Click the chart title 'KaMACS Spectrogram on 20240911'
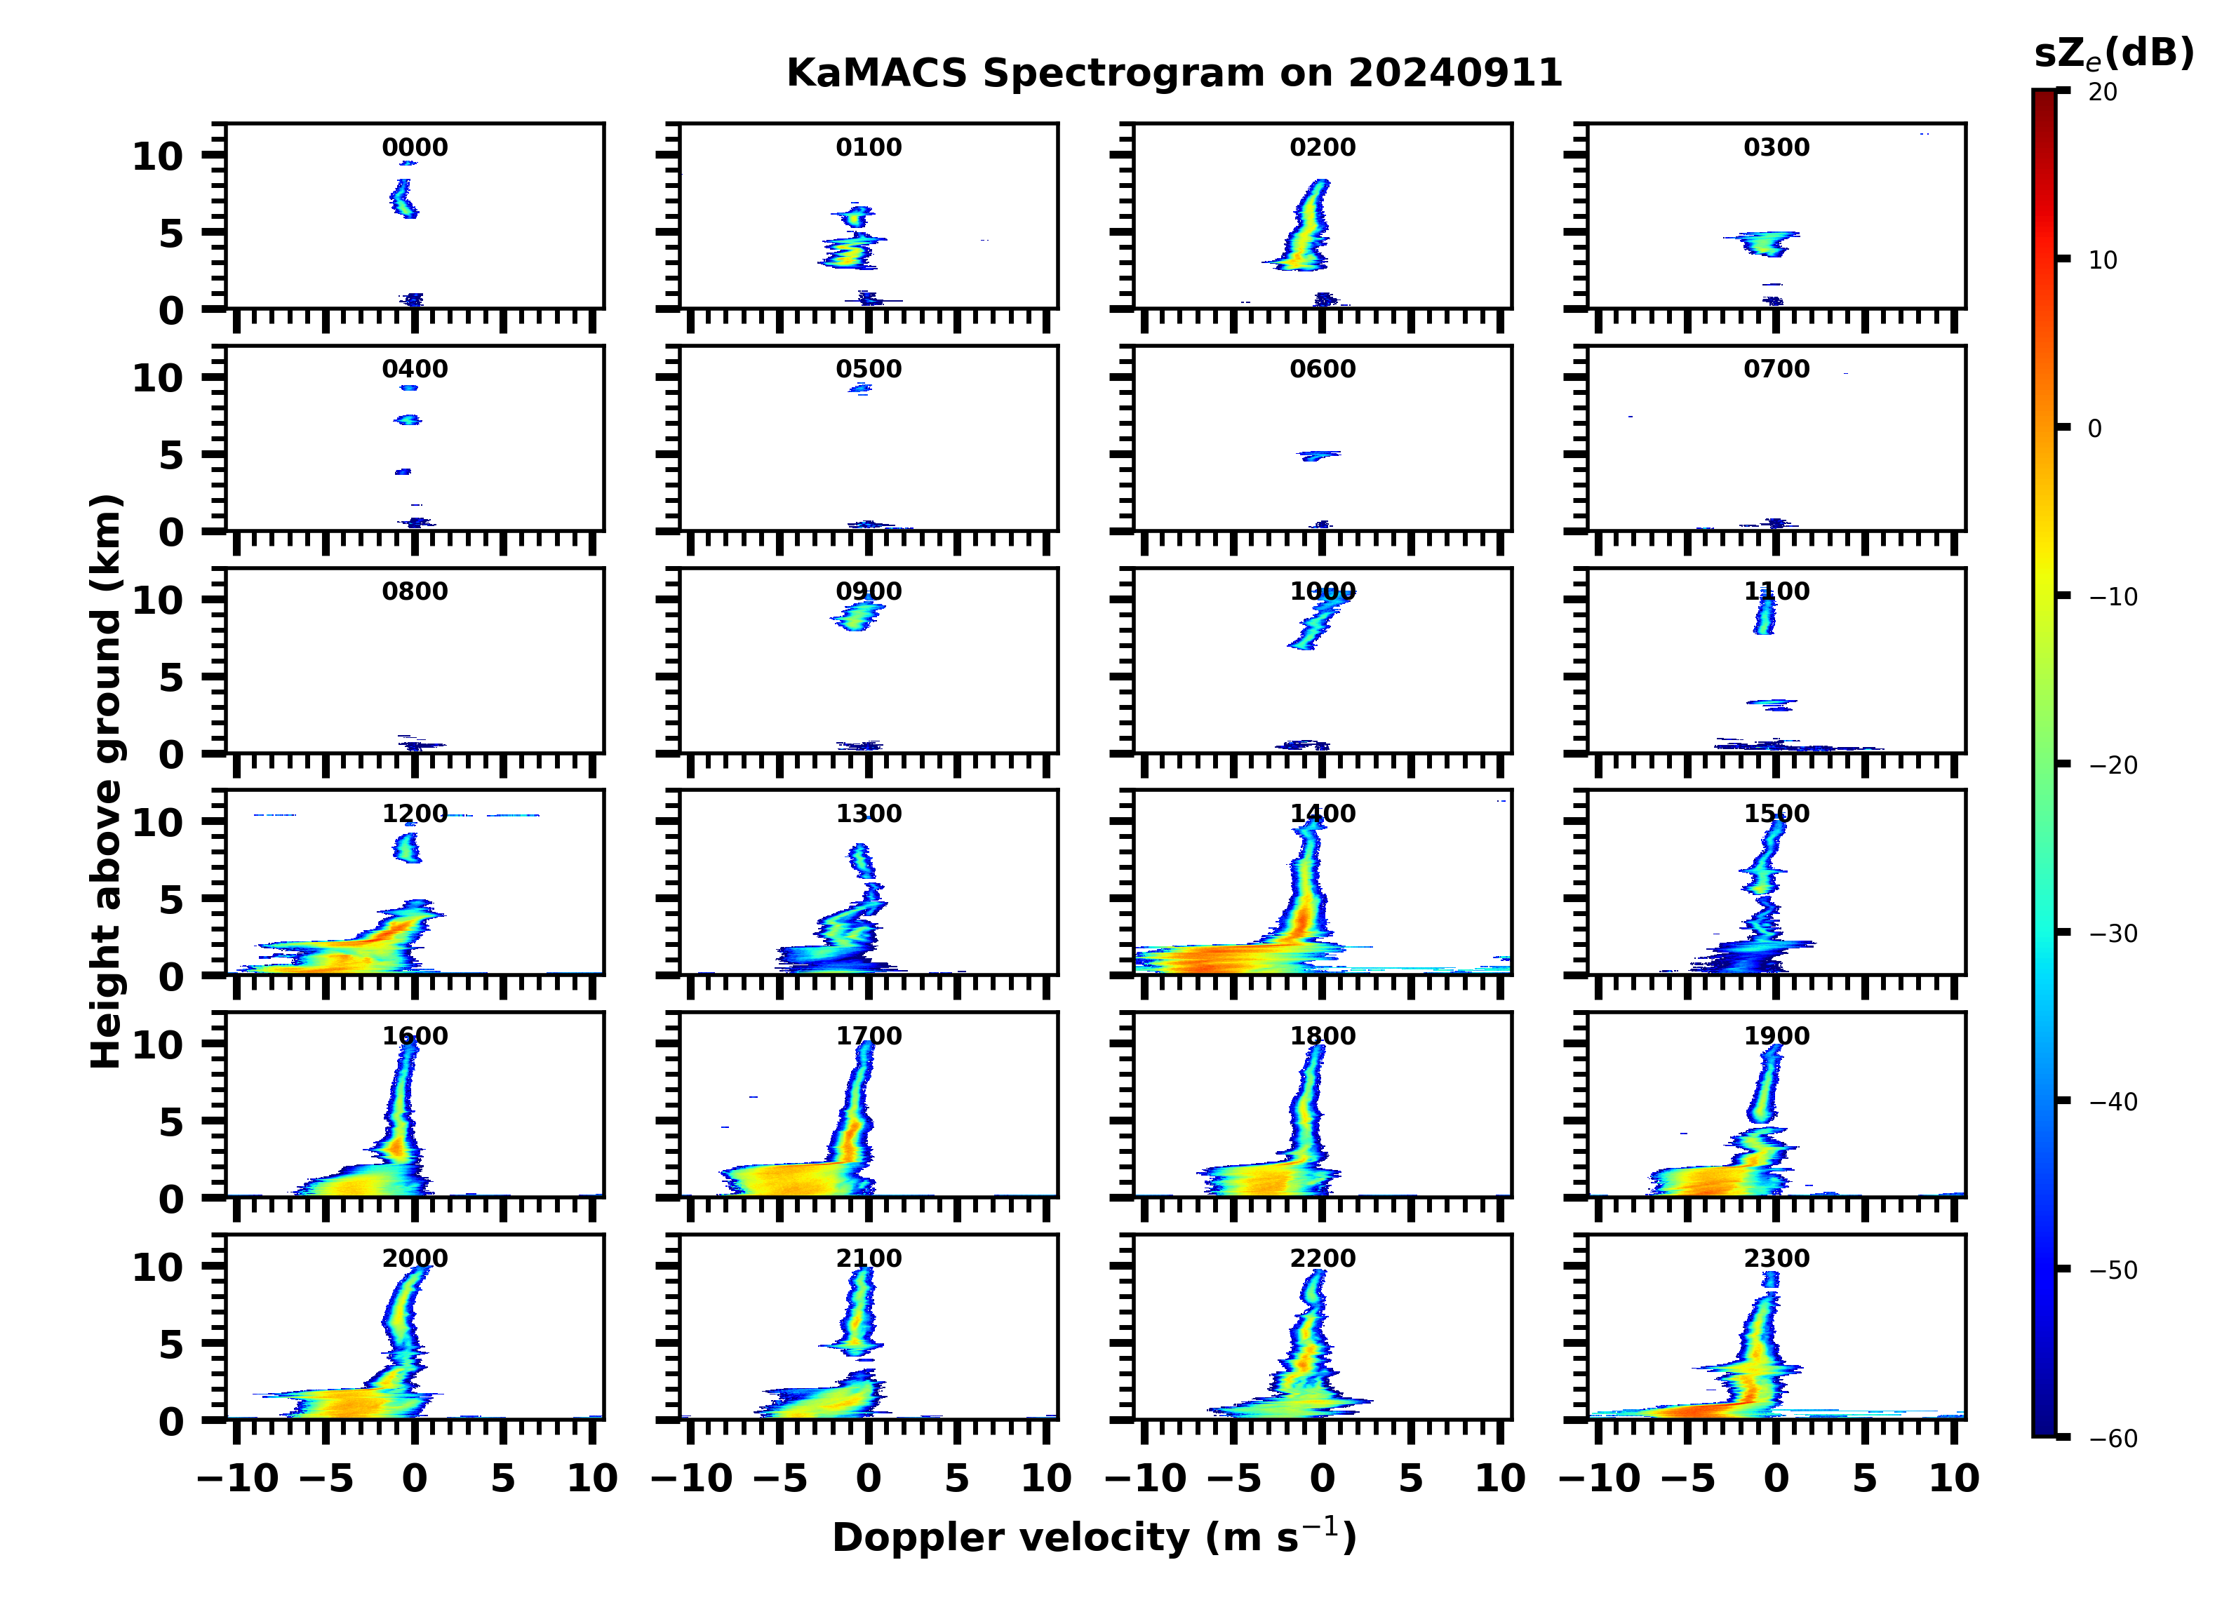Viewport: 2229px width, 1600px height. click(1174, 73)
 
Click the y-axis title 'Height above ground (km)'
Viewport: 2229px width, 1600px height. click(106, 781)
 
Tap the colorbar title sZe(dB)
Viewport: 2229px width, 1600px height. click(2113, 54)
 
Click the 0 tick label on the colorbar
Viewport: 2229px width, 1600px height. click(2094, 429)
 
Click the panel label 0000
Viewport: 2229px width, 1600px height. click(415, 147)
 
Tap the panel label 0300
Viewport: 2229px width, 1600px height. click(1776, 147)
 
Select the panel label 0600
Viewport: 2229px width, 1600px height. click(1322, 370)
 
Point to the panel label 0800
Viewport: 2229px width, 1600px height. click(415, 591)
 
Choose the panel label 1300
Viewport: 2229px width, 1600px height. click(869, 814)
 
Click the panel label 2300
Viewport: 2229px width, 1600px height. click(1776, 1258)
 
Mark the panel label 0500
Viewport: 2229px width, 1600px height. click(869, 370)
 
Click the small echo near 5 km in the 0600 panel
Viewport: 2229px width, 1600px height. click(1318, 455)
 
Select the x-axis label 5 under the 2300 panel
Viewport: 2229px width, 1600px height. click(1864, 1478)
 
